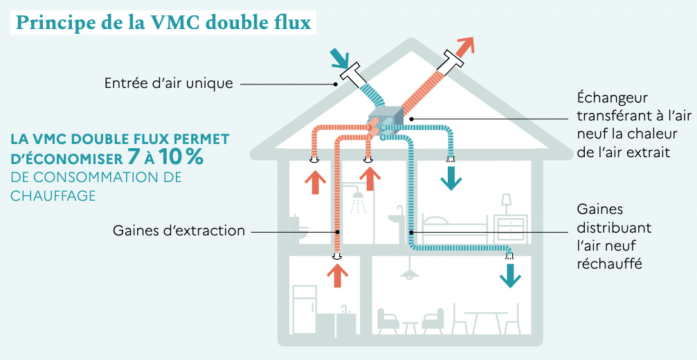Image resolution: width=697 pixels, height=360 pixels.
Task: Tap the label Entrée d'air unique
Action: coord(168,84)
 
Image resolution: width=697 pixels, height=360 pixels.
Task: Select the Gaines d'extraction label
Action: coord(179,231)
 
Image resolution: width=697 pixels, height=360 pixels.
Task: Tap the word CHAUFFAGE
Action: coord(53,196)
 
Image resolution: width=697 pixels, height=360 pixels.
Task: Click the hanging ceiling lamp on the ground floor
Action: coord(410,272)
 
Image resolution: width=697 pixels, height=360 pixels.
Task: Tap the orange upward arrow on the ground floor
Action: coord(337,275)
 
